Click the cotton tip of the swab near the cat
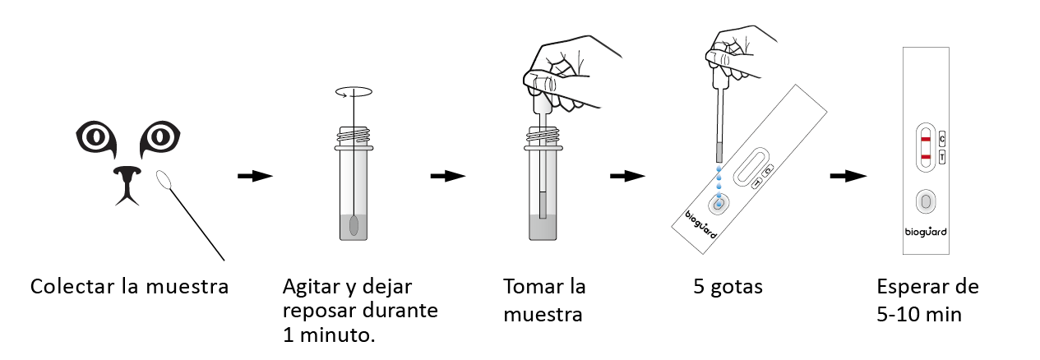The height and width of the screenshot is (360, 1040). tap(164, 180)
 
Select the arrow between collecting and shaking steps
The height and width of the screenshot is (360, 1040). tap(255, 176)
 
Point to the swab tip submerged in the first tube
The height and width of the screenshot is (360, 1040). tap(354, 225)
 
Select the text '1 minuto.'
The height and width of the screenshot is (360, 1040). tap(329, 335)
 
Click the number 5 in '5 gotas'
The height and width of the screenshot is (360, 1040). tap(699, 287)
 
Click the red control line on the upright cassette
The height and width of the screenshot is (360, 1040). tap(926, 139)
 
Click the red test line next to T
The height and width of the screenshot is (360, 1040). tap(926, 157)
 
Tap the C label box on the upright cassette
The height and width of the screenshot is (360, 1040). tap(942, 139)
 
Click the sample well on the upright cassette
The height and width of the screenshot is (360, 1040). tap(926, 202)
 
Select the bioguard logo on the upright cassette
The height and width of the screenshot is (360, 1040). tap(926, 232)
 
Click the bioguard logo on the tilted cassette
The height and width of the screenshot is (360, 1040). tap(701, 225)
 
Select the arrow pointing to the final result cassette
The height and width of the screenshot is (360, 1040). tap(848, 176)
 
